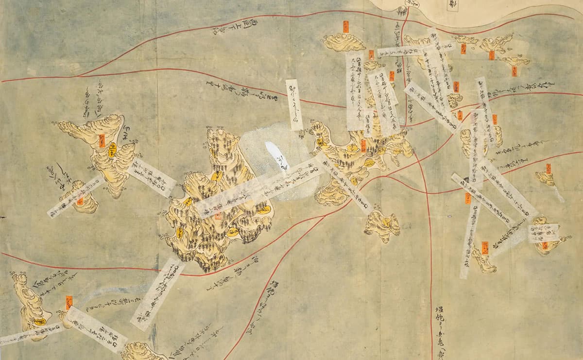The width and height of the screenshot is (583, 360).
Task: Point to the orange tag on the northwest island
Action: [103, 140]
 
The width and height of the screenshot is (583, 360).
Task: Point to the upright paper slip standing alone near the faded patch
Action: [293, 104]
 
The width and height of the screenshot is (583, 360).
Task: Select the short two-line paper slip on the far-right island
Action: [542, 234]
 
